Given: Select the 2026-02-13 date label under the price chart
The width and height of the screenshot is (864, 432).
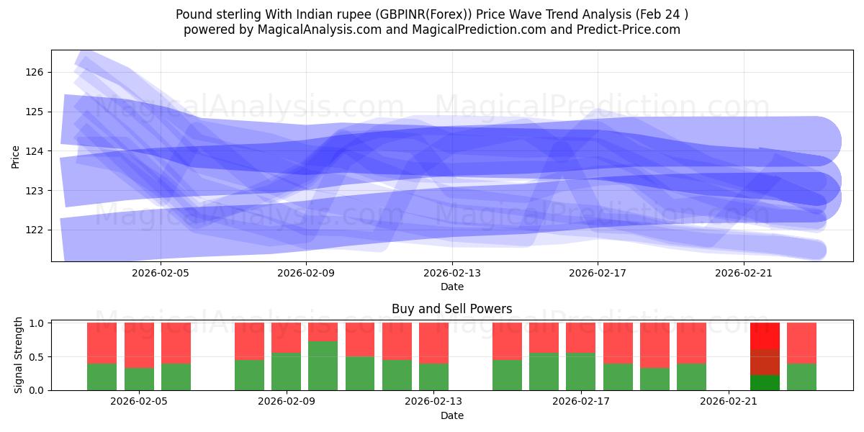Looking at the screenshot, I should point(451,273).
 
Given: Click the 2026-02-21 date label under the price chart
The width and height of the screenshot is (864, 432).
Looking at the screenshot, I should point(743,273).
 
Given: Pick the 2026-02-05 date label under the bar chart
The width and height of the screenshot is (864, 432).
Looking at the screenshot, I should point(139,402).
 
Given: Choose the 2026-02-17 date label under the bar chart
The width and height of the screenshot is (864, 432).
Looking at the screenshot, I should point(581,402).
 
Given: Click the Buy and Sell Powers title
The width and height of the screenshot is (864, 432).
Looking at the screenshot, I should point(451,309).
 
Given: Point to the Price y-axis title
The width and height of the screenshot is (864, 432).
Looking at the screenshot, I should point(16,156).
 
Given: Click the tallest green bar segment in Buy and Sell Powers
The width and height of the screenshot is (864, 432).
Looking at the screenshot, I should point(323,366).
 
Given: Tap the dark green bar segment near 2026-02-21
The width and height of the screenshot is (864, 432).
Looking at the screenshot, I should point(765,382).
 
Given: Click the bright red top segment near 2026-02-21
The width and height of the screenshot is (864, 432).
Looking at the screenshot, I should point(765,336).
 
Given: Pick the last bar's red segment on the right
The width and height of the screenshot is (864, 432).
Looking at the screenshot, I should point(801,343).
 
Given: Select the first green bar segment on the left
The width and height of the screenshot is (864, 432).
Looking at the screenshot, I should point(102,377).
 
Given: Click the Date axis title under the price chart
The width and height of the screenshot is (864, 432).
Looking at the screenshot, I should point(451,287).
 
